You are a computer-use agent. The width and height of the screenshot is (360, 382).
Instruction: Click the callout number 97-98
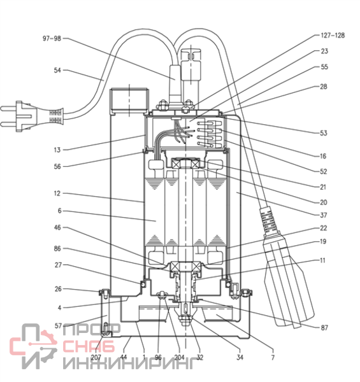pyautogui.click(x=52, y=38)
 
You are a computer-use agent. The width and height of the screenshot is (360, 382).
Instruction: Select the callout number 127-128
pyautogui.click(x=333, y=35)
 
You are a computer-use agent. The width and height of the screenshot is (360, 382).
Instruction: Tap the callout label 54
pyautogui.click(x=57, y=71)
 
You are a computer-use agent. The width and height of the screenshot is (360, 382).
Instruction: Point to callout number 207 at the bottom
pyautogui.click(x=96, y=357)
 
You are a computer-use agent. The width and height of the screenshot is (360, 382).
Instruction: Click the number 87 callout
pyautogui.click(x=324, y=328)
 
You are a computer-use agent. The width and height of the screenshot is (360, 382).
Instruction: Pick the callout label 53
pyautogui.click(x=324, y=133)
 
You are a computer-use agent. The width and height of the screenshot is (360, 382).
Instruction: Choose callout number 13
pyautogui.click(x=57, y=150)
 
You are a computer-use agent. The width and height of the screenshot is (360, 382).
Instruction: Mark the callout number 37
pyautogui.click(x=324, y=215)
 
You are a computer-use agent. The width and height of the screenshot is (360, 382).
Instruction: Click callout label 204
pyautogui.click(x=180, y=357)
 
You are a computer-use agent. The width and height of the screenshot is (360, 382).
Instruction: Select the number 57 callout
pyautogui.click(x=58, y=326)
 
